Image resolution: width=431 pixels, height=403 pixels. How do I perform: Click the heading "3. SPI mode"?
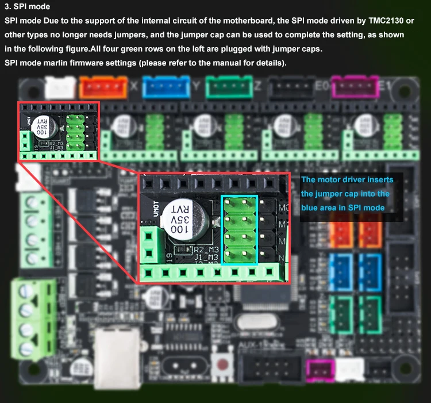pos(27,7)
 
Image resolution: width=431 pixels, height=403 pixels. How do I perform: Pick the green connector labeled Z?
pos(229,87)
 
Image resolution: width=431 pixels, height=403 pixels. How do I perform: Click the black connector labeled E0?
pos(290,87)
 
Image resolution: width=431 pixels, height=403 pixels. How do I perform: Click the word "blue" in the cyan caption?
pos(310,208)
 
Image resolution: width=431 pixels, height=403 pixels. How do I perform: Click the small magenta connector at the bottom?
pos(315,371)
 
